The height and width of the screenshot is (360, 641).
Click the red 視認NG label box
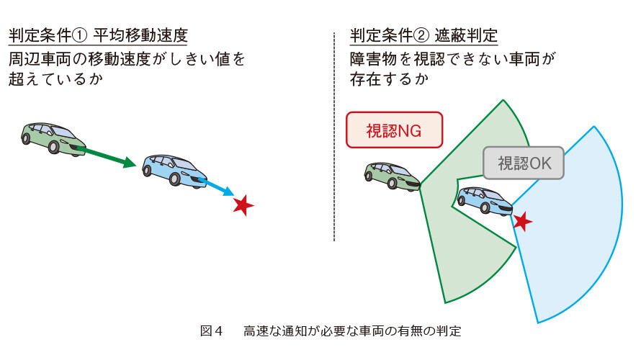click(394, 130)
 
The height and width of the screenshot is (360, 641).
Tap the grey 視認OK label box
click(524, 163)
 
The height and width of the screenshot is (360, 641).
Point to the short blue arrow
click(217, 186)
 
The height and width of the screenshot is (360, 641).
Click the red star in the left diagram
click(243, 205)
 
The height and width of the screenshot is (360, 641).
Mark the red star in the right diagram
click(522, 222)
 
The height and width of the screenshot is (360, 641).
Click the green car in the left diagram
click(53, 138)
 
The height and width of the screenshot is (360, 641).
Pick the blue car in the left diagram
click(174, 171)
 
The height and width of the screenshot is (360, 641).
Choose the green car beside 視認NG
click(392, 176)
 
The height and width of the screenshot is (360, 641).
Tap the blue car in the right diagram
click(485, 201)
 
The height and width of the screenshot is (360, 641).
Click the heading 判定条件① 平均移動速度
click(98, 35)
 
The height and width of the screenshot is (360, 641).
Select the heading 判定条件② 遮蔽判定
click(423, 35)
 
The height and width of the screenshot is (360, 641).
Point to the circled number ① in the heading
click(80, 36)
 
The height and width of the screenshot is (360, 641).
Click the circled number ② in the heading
click(421, 36)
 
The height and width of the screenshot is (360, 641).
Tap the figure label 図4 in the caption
click(211, 330)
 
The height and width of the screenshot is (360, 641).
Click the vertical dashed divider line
click(334, 137)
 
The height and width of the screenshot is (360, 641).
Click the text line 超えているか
click(55, 79)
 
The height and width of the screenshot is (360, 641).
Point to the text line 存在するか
click(389, 79)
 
